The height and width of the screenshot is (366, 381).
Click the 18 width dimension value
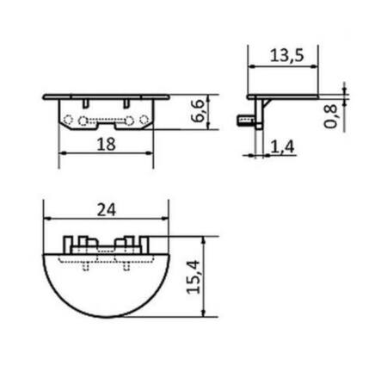click(x=107, y=145)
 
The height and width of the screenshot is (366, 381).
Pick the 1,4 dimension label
click(x=283, y=147)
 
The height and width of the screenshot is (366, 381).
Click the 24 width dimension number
click(x=107, y=208)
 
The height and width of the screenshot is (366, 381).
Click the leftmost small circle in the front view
click(x=71, y=121)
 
